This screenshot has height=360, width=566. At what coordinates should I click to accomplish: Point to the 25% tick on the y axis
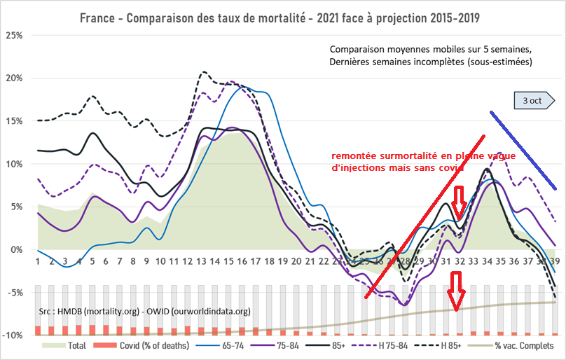click(15, 35)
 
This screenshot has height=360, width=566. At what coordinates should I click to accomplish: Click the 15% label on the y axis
click(15, 120)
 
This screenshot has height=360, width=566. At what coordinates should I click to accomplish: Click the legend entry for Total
click(67, 345)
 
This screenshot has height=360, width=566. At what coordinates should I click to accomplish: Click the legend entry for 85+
click(342, 345)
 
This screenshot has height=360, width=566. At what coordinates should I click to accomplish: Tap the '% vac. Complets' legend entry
click(518, 345)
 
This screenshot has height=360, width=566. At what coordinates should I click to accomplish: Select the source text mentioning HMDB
click(143, 311)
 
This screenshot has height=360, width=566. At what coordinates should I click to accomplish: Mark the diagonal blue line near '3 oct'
click(523, 150)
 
